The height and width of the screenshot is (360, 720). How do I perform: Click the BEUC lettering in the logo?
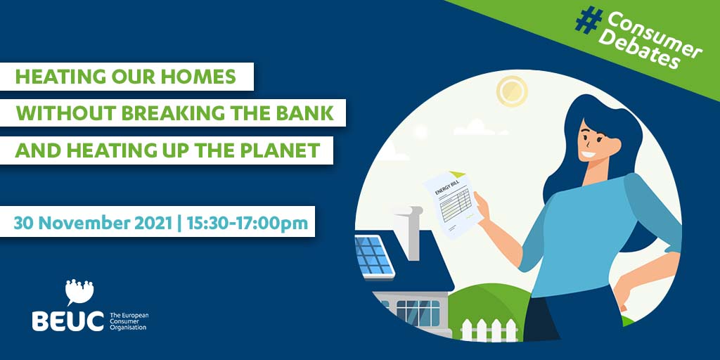click(68, 321)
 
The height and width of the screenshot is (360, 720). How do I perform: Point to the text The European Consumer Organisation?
click(129, 321)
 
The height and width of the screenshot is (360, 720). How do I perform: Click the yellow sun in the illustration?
click(512, 91)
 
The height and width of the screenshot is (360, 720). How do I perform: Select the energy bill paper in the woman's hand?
click(452, 203)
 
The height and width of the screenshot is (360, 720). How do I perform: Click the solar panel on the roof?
click(374, 256)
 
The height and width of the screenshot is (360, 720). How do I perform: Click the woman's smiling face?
click(598, 141)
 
